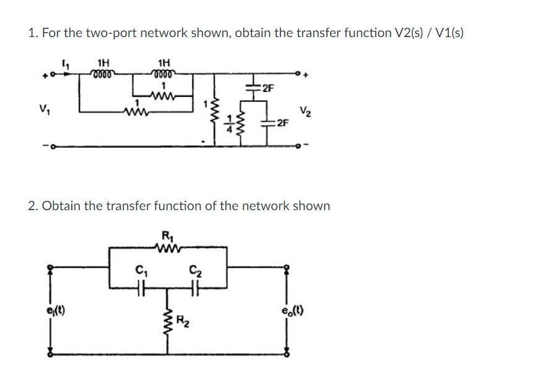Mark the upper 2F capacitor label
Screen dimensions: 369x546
coord(267,90)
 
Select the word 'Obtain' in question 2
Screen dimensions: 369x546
coord(63,205)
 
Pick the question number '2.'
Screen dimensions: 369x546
coord(33,205)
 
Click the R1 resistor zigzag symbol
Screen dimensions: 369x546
coord(168,250)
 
